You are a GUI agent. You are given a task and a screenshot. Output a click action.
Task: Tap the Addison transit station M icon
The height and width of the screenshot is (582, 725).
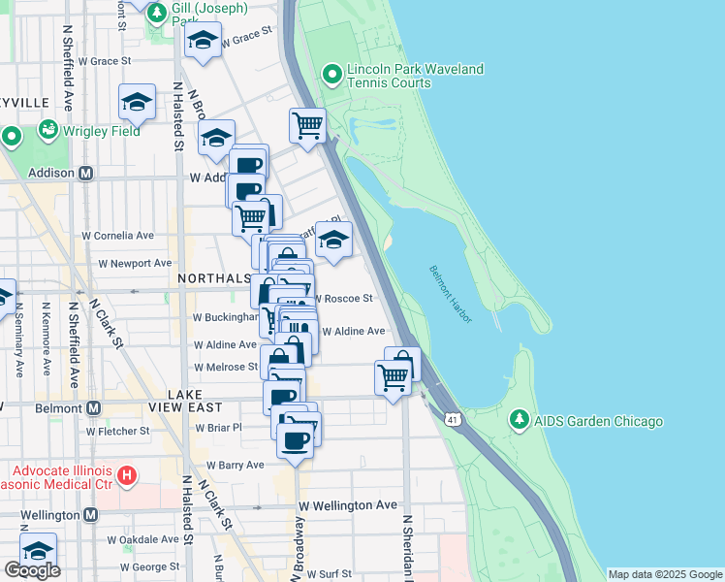coord(85,173)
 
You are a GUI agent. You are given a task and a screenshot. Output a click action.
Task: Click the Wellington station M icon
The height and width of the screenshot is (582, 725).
coord(90,514)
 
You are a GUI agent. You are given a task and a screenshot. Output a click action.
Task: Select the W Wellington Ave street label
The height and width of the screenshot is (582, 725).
coord(348,505)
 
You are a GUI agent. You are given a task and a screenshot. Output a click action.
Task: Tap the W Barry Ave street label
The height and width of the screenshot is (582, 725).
coord(228,466)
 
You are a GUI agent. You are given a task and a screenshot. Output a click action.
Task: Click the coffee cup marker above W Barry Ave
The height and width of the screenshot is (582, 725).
coord(295,440)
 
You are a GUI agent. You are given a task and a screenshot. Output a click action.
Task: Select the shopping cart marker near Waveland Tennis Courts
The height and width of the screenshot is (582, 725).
coord(307,125)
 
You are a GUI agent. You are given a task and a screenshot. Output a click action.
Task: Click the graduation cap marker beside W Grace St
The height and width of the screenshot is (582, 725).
coord(203,42)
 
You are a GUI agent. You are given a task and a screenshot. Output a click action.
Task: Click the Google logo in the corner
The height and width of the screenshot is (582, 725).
coord(32,570)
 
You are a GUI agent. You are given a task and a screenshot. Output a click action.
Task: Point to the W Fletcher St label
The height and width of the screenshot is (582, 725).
coord(117,431)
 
